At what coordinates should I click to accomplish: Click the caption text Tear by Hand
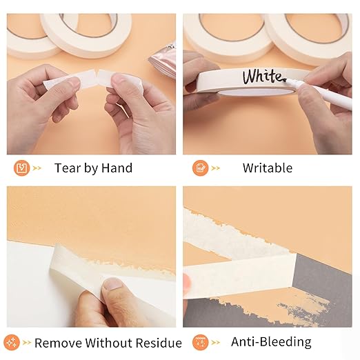point(93,168)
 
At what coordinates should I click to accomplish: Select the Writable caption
point(267,168)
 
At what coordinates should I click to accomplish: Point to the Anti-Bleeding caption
point(270,342)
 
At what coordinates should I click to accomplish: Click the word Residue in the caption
point(157,343)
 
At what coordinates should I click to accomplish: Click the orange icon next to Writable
point(201,168)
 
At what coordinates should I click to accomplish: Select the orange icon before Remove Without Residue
point(12,342)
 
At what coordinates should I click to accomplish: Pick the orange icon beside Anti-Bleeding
point(201,342)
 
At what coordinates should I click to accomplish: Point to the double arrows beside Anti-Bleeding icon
point(216,342)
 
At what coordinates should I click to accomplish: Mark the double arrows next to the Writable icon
point(216,168)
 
